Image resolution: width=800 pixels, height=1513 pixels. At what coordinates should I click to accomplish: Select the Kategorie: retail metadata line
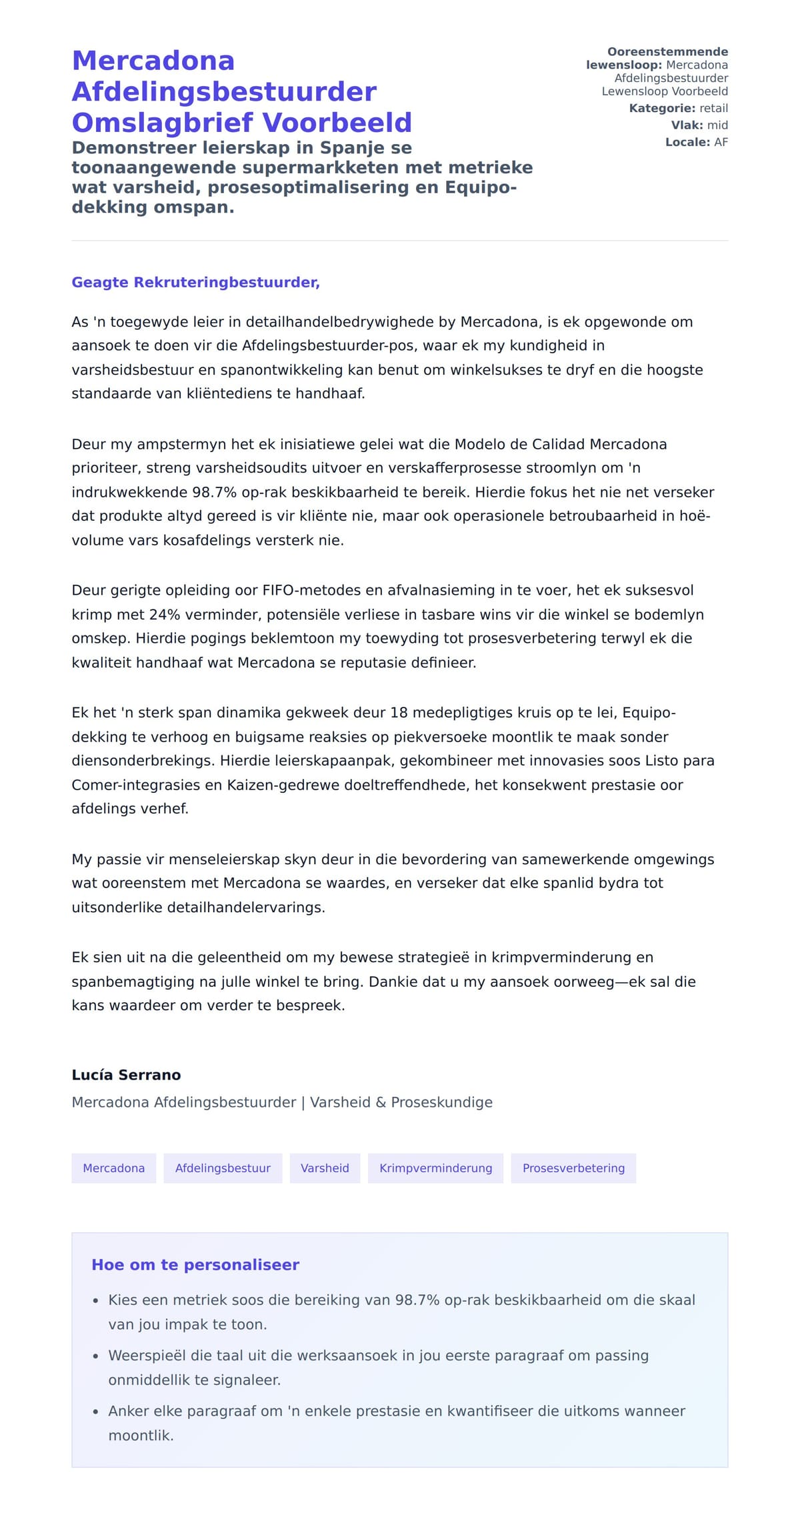click(x=678, y=108)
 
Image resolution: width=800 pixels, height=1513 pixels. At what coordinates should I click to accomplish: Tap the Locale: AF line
click(x=696, y=142)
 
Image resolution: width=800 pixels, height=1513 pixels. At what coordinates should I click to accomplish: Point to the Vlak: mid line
click(x=699, y=125)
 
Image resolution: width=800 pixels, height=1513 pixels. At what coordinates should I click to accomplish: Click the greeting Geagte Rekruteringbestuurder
click(x=195, y=282)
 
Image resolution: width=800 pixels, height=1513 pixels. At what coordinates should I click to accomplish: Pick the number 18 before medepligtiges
click(x=398, y=712)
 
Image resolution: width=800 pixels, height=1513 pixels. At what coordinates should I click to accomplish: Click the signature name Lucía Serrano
click(x=126, y=1075)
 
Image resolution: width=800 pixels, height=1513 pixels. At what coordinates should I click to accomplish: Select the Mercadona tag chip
click(x=113, y=1168)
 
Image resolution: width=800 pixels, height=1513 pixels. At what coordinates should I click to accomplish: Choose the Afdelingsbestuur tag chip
click(x=223, y=1168)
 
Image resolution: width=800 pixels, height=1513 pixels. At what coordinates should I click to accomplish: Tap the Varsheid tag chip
click(x=325, y=1168)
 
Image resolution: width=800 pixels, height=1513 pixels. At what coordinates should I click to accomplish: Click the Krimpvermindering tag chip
click(x=435, y=1168)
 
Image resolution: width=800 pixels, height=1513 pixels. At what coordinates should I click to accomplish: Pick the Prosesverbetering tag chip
click(x=573, y=1168)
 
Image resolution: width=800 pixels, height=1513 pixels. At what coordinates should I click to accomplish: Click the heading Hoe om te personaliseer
click(x=195, y=1265)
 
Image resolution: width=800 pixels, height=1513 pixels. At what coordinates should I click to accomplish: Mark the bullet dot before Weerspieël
click(x=95, y=1356)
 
